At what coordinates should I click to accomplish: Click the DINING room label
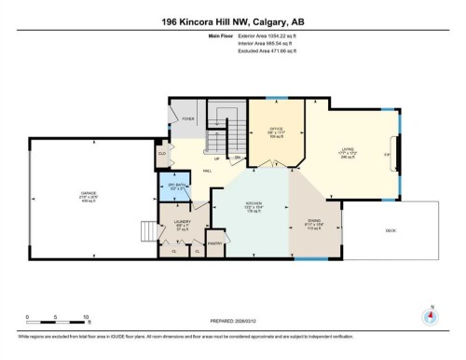[314, 221]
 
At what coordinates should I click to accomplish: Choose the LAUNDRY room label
[181, 222]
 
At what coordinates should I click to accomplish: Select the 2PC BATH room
[177, 186]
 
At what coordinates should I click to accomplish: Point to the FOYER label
[187, 119]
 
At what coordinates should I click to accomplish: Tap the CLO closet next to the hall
[162, 151]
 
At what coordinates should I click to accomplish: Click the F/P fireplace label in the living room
[386, 154]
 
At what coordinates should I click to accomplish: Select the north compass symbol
[430, 314]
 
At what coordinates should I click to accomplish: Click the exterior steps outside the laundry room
[147, 230]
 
